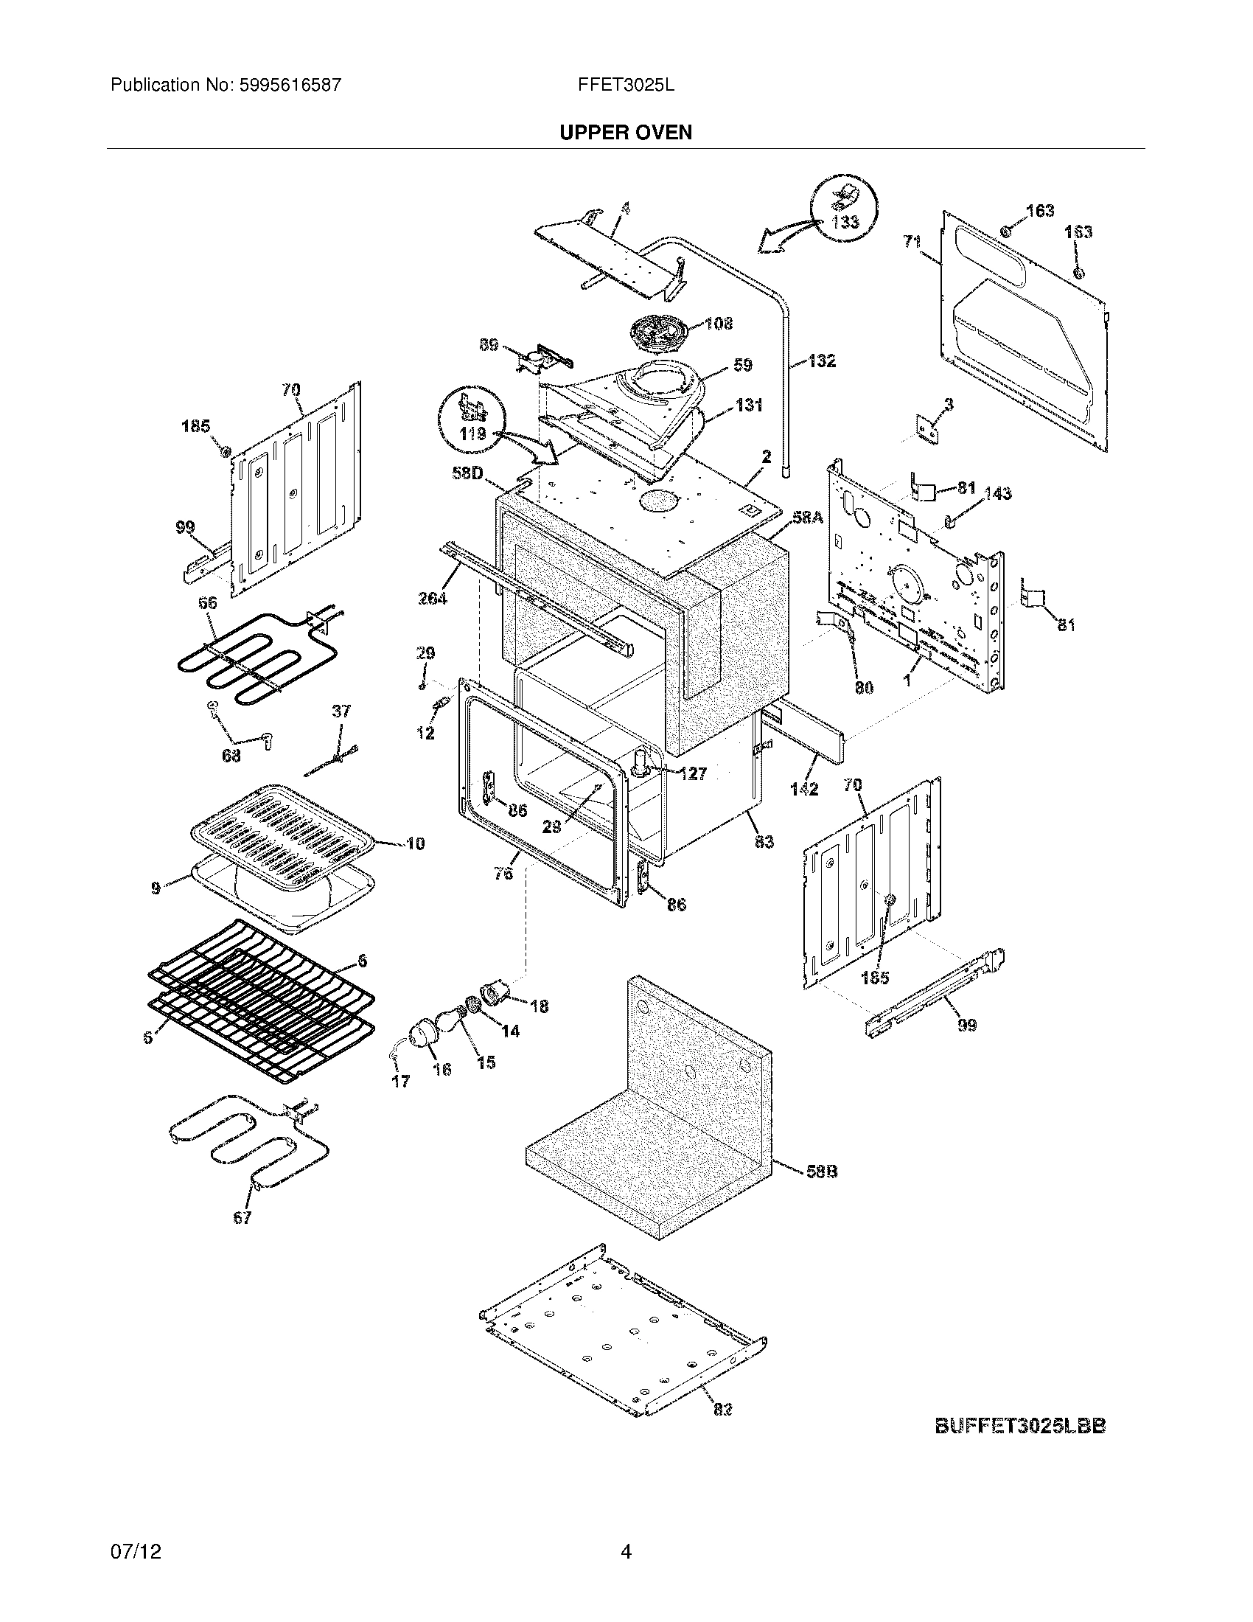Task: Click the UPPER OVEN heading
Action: tap(625, 132)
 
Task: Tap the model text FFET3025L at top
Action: tap(626, 85)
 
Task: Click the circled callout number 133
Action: tap(845, 221)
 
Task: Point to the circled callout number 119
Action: tap(472, 433)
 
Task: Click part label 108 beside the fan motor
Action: tap(718, 324)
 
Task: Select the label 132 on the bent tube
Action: tap(821, 361)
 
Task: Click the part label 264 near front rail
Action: tap(433, 598)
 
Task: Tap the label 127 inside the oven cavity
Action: tap(693, 774)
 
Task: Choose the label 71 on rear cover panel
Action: tap(912, 241)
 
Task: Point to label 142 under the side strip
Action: tap(804, 789)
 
